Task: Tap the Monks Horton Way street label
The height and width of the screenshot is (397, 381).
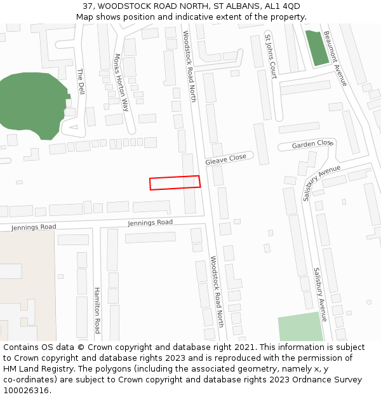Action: [121, 83]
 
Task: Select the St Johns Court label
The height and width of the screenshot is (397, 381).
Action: [271, 56]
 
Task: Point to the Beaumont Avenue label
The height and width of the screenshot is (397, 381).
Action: [335, 58]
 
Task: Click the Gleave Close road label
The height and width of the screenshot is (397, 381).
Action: [225, 159]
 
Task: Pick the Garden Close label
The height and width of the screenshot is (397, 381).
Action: [312, 145]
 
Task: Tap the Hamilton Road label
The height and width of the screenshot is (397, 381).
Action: [97, 309]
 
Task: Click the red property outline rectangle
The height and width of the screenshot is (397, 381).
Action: [175, 182]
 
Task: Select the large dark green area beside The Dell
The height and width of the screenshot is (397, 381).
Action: [32, 105]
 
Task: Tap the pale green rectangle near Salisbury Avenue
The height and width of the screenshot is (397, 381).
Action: [300, 326]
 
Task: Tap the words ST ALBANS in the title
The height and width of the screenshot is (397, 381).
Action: [226, 6]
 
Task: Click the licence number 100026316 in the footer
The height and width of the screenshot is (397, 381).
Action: [26, 391]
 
